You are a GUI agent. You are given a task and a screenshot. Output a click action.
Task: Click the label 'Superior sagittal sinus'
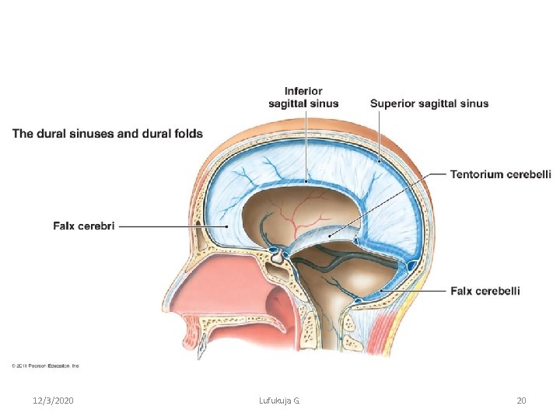tap(429, 103)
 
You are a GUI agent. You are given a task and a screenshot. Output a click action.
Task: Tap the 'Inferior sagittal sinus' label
tap(303, 97)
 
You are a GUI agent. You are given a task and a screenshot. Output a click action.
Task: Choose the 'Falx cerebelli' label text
tap(485, 292)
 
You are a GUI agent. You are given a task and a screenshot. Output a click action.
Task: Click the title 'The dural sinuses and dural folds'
tap(107, 134)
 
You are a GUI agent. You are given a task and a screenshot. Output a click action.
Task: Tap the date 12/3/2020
tap(54, 401)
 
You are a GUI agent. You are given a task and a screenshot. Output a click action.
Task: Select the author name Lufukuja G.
tap(279, 401)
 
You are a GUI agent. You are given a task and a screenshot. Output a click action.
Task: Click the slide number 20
tap(521, 401)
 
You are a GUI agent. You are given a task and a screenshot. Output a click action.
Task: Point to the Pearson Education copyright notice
tap(45, 366)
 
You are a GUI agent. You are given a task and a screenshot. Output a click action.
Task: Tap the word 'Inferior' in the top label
tap(303, 91)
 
